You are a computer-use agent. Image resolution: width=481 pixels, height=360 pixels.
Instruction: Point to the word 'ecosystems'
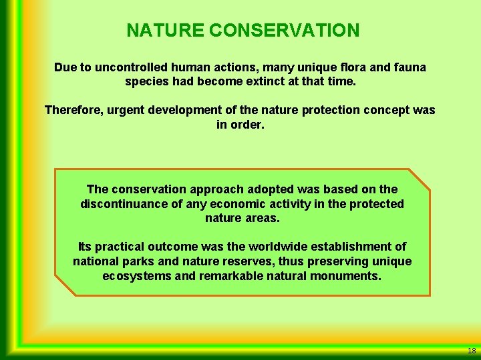[x=137, y=276]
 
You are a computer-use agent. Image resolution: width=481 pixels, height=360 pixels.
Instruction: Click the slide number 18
[x=472, y=351]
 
